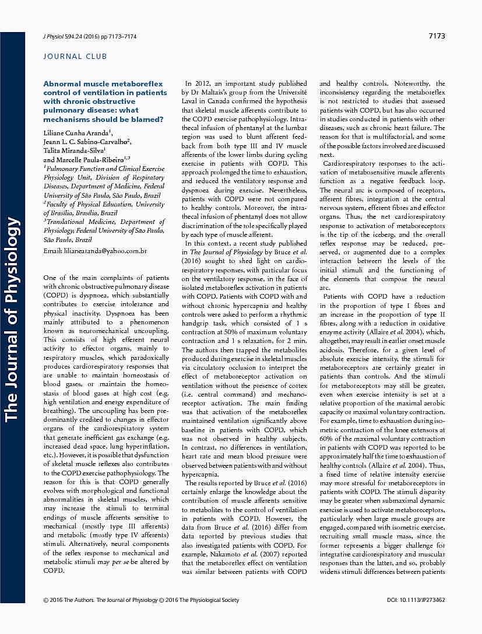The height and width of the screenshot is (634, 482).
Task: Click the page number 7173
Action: [x=436, y=36]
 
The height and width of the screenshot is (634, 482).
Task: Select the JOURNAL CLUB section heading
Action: [x=75, y=57]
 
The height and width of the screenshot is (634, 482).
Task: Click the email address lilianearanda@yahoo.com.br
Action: [x=95, y=251]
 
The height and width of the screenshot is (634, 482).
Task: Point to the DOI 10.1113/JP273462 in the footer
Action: [x=416, y=600]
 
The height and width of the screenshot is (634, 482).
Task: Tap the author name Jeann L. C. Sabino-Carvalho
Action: [x=87, y=142]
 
